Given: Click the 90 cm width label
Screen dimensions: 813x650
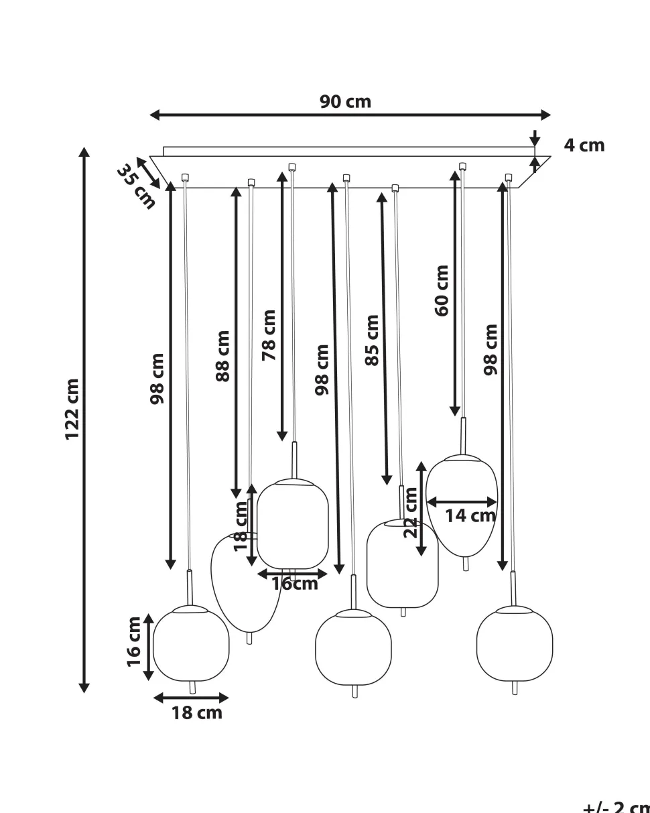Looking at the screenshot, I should click(345, 102).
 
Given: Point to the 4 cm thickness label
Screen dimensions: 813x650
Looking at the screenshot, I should click(584, 145).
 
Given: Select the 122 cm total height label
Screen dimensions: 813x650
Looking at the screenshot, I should click(72, 410).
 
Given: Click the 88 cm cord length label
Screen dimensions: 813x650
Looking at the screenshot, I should click(223, 356).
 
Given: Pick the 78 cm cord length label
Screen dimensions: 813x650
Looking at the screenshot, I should click(269, 335).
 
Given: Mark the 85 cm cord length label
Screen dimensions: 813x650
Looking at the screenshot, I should click(373, 340).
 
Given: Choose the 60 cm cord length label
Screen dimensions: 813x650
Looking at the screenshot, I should click(442, 291).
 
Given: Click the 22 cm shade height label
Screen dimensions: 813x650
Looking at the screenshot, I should click(410, 513).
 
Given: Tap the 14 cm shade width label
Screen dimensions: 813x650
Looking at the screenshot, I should click(470, 515).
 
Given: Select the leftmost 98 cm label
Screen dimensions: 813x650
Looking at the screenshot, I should click(157, 379).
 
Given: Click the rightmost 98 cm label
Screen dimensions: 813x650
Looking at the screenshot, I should click(491, 349).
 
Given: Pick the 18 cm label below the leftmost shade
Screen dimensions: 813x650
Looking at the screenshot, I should click(196, 712).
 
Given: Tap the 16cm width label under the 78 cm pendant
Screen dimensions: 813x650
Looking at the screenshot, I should click(295, 584).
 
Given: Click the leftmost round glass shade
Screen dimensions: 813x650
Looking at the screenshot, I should click(191, 644).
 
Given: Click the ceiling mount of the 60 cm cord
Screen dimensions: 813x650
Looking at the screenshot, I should click(462, 166).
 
